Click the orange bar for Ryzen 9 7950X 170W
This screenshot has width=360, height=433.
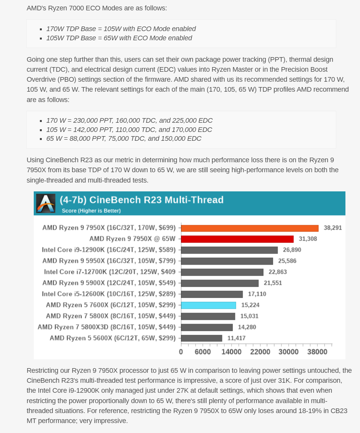tap(250, 228)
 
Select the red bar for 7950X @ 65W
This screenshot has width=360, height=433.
tap(237, 239)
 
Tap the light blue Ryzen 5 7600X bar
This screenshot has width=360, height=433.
tap(209, 305)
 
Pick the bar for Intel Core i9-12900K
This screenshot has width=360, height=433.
tap(229, 250)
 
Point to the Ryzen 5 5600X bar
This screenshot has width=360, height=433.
tap(202, 338)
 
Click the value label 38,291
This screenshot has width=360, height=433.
tap(333, 228)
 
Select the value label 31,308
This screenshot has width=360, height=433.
tap(308, 239)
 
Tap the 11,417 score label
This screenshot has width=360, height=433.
tap(237, 338)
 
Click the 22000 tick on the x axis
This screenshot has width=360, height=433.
tap(260, 352)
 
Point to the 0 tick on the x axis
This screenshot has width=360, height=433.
tap(181, 352)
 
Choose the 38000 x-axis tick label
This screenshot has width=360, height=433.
tap(317, 352)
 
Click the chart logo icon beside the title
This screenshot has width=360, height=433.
tap(46, 203)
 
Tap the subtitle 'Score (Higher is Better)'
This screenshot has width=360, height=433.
tap(91, 211)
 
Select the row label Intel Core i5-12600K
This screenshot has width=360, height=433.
tap(109, 294)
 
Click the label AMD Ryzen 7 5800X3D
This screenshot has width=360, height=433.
tap(107, 327)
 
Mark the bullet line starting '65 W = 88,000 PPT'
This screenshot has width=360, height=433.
tap(124, 138)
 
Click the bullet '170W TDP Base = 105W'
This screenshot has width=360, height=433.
tap(121, 29)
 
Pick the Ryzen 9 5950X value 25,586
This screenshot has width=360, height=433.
tap(285, 261)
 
